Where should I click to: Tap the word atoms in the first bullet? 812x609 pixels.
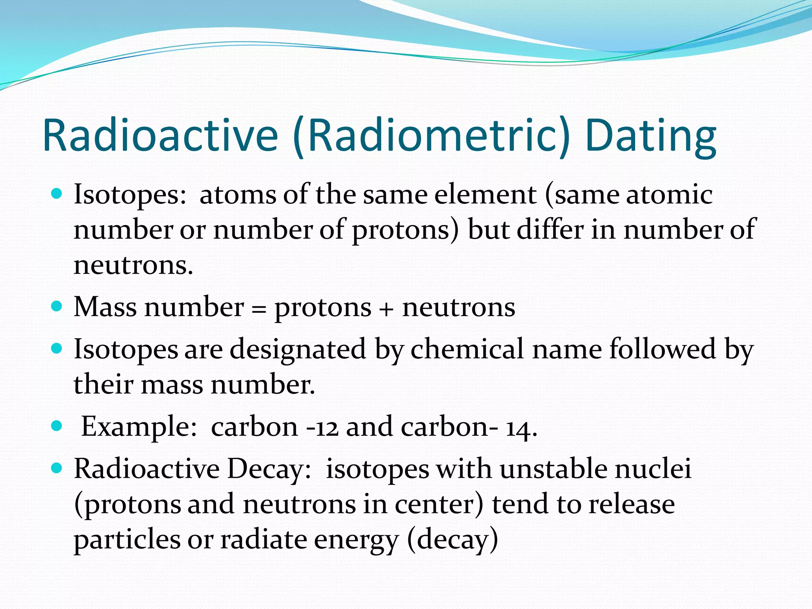click(237, 195)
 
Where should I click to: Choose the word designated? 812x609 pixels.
click(298, 349)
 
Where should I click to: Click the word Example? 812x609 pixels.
click(139, 427)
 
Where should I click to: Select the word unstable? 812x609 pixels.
click(553, 469)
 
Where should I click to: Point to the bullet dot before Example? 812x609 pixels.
click(57, 426)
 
